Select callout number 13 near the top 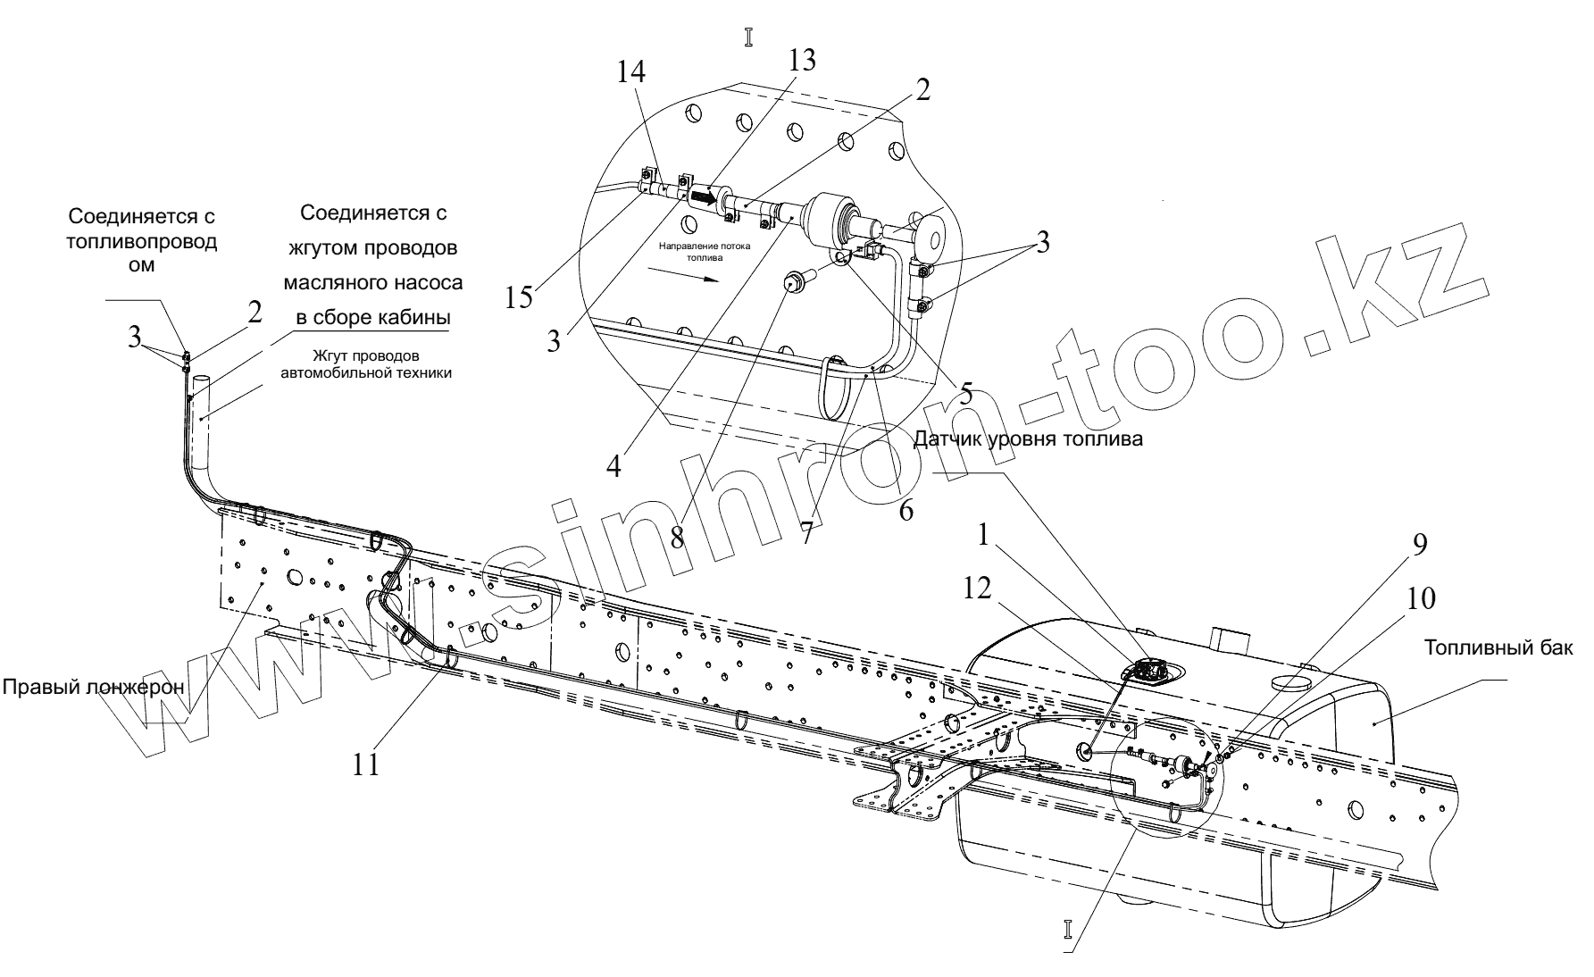coord(801,61)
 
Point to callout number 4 coord(613,465)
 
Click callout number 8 coord(677,536)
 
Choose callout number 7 coord(808,532)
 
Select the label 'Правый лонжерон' coord(93,687)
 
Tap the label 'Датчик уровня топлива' coord(1028,439)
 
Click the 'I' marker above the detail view coord(748,37)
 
